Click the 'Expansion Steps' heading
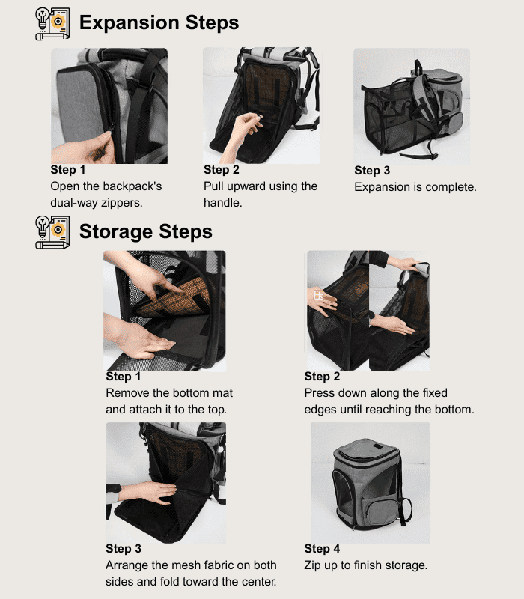[x=159, y=22]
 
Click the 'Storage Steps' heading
[x=145, y=231]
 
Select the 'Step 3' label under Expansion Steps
[x=372, y=171]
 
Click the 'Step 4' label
[x=322, y=549]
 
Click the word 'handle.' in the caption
[x=222, y=202]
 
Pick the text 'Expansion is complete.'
[x=415, y=187]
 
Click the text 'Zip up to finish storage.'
[x=365, y=565]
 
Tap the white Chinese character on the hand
[x=319, y=295]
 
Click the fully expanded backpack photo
[x=412, y=106]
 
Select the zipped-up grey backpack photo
[x=371, y=482]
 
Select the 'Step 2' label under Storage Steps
[x=322, y=377]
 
